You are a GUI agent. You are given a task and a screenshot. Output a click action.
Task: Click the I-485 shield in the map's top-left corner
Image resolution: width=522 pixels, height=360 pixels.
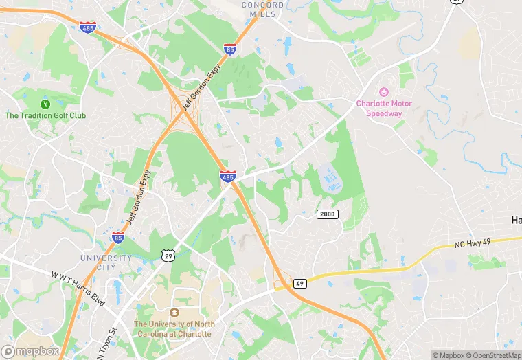tap(87, 27)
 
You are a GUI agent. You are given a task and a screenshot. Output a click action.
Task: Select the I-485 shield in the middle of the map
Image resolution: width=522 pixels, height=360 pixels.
tap(228, 177)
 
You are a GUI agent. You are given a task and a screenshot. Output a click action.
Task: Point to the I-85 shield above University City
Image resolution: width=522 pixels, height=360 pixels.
tap(119, 238)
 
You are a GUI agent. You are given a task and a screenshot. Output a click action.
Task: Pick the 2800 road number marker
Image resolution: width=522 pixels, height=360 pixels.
tap(328, 214)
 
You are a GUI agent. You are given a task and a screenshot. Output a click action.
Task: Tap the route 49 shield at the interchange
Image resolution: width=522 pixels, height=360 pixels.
tap(300, 282)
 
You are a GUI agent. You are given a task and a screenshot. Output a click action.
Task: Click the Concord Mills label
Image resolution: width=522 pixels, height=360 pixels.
tap(262, 10)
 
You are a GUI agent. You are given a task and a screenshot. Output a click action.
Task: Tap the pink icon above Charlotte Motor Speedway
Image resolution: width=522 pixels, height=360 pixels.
tap(383, 92)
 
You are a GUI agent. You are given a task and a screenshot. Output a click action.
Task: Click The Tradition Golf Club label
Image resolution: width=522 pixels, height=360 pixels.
tap(45, 115)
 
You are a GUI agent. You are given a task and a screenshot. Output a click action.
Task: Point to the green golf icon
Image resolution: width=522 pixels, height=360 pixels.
tap(45, 104)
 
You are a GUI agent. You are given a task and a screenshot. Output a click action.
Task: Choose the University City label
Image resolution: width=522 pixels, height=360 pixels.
tap(106, 262)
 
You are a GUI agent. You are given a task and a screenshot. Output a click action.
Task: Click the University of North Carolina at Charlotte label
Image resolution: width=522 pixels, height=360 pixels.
tap(174, 328)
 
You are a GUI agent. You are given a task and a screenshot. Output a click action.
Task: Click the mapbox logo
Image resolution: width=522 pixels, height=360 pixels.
tap(31, 351)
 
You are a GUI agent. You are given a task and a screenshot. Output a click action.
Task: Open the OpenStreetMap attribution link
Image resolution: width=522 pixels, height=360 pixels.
tap(492, 355)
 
